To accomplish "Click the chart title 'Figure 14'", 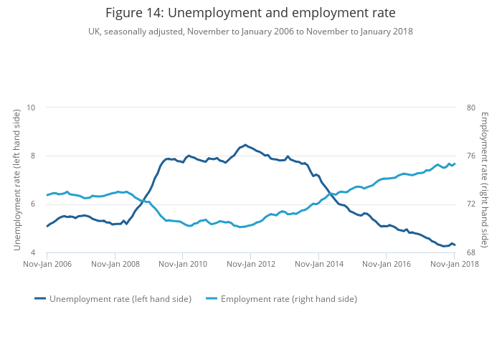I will pos(250,13).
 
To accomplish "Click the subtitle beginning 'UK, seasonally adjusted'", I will pos(250,32).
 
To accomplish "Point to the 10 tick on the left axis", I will pos(31,108).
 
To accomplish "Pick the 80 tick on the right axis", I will pos(471,108).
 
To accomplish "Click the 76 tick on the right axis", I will pos(471,156).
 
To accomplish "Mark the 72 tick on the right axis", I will pos(471,204).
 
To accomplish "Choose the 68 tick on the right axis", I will pos(471,252).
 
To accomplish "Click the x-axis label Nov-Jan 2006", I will pos(47,264).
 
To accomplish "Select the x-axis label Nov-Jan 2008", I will pos(115,264).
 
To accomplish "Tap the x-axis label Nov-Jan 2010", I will pos(183,264).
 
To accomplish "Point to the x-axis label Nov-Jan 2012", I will pos(250,264).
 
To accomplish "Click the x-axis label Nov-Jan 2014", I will pos(318,264).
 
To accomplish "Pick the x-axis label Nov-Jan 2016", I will pos(387,264).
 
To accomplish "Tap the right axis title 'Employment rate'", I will pos(484,180).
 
